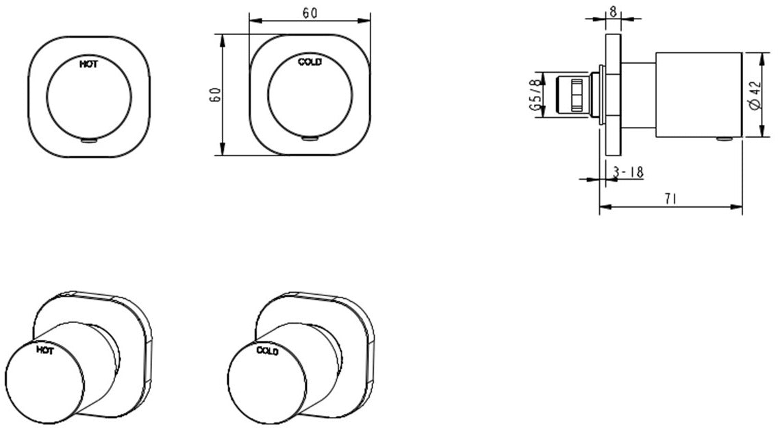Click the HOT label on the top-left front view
(x=88, y=64)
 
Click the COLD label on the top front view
(x=310, y=62)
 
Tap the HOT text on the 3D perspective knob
(x=45, y=350)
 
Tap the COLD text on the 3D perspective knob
(x=267, y=351)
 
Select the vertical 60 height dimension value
(x=214, y=95)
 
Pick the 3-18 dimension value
(x=627, y=172)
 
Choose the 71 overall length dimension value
(x=671, y=199)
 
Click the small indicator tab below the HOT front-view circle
(x=89, y=141)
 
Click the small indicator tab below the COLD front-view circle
(x=310, y=139)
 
